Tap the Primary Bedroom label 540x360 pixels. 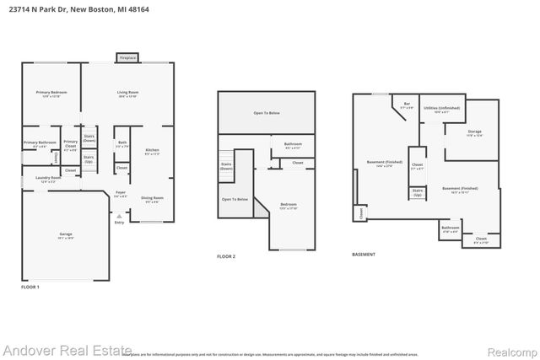pyautogui.click(x=51, y=93)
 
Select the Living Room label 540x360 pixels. pyautogui.click(x=127, y=93)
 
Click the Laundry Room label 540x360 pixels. pyautogui.click(x=49, y=178)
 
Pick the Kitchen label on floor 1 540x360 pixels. pyautogui.click(x=152, y=151)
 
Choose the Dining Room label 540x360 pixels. pyautogui.click(x=153, y=198)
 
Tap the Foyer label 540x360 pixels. pyautogui.click(x=121, y=194)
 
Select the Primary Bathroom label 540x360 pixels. pyautogui.click(x=40, y=143)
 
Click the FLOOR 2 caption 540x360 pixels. pyautogui.click(x=226, y=255)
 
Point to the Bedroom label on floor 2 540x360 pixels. pyautogui.click(x=289, y=205)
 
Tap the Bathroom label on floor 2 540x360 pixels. pyautogui.click(x=293, y=145)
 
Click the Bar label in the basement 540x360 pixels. pyautogui.click(x=407, y=105)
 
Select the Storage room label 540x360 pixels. pyautogui.click(x=475, y=132)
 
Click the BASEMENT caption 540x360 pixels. pyautogui.click(x=364, y=254)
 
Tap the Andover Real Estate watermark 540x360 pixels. pyautogui.click(x=67, y=350)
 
